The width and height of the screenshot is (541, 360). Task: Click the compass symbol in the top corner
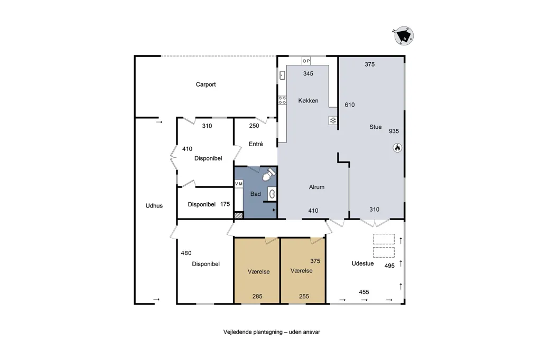(x=404, y=36)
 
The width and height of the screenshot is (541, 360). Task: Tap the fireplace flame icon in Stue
(x=397, y=148)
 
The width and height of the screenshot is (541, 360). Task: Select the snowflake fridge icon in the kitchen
(x=333, y=120)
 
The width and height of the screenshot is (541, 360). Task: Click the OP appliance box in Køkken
(x=306, y=61)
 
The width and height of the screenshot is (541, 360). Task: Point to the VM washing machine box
(x=239, y=184)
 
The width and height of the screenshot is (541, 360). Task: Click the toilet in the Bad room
(x=269, y=174)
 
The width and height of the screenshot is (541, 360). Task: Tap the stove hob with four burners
(x=282, y=100)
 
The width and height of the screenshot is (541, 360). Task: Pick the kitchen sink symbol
(x=282, y=75)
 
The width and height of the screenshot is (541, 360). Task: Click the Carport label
(x=206, y=84)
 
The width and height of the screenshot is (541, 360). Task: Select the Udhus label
(x=154, y=206)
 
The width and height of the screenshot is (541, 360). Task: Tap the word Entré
(x=256, y=144)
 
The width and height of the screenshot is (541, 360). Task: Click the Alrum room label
(x=316, y=187)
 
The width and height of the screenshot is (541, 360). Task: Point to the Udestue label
(x=362, y=264)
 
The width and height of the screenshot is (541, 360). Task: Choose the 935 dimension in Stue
(x=394, y=131)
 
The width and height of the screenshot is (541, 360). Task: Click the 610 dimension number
(x=350, y=105)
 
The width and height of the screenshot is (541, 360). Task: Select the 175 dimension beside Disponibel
(x=225, y=204)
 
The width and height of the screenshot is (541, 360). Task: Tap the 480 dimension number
(x=186, y=253)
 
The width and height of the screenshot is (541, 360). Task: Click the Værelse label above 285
(x=258, y=272)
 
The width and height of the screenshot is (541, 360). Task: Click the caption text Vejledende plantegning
(x=253, y=332)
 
